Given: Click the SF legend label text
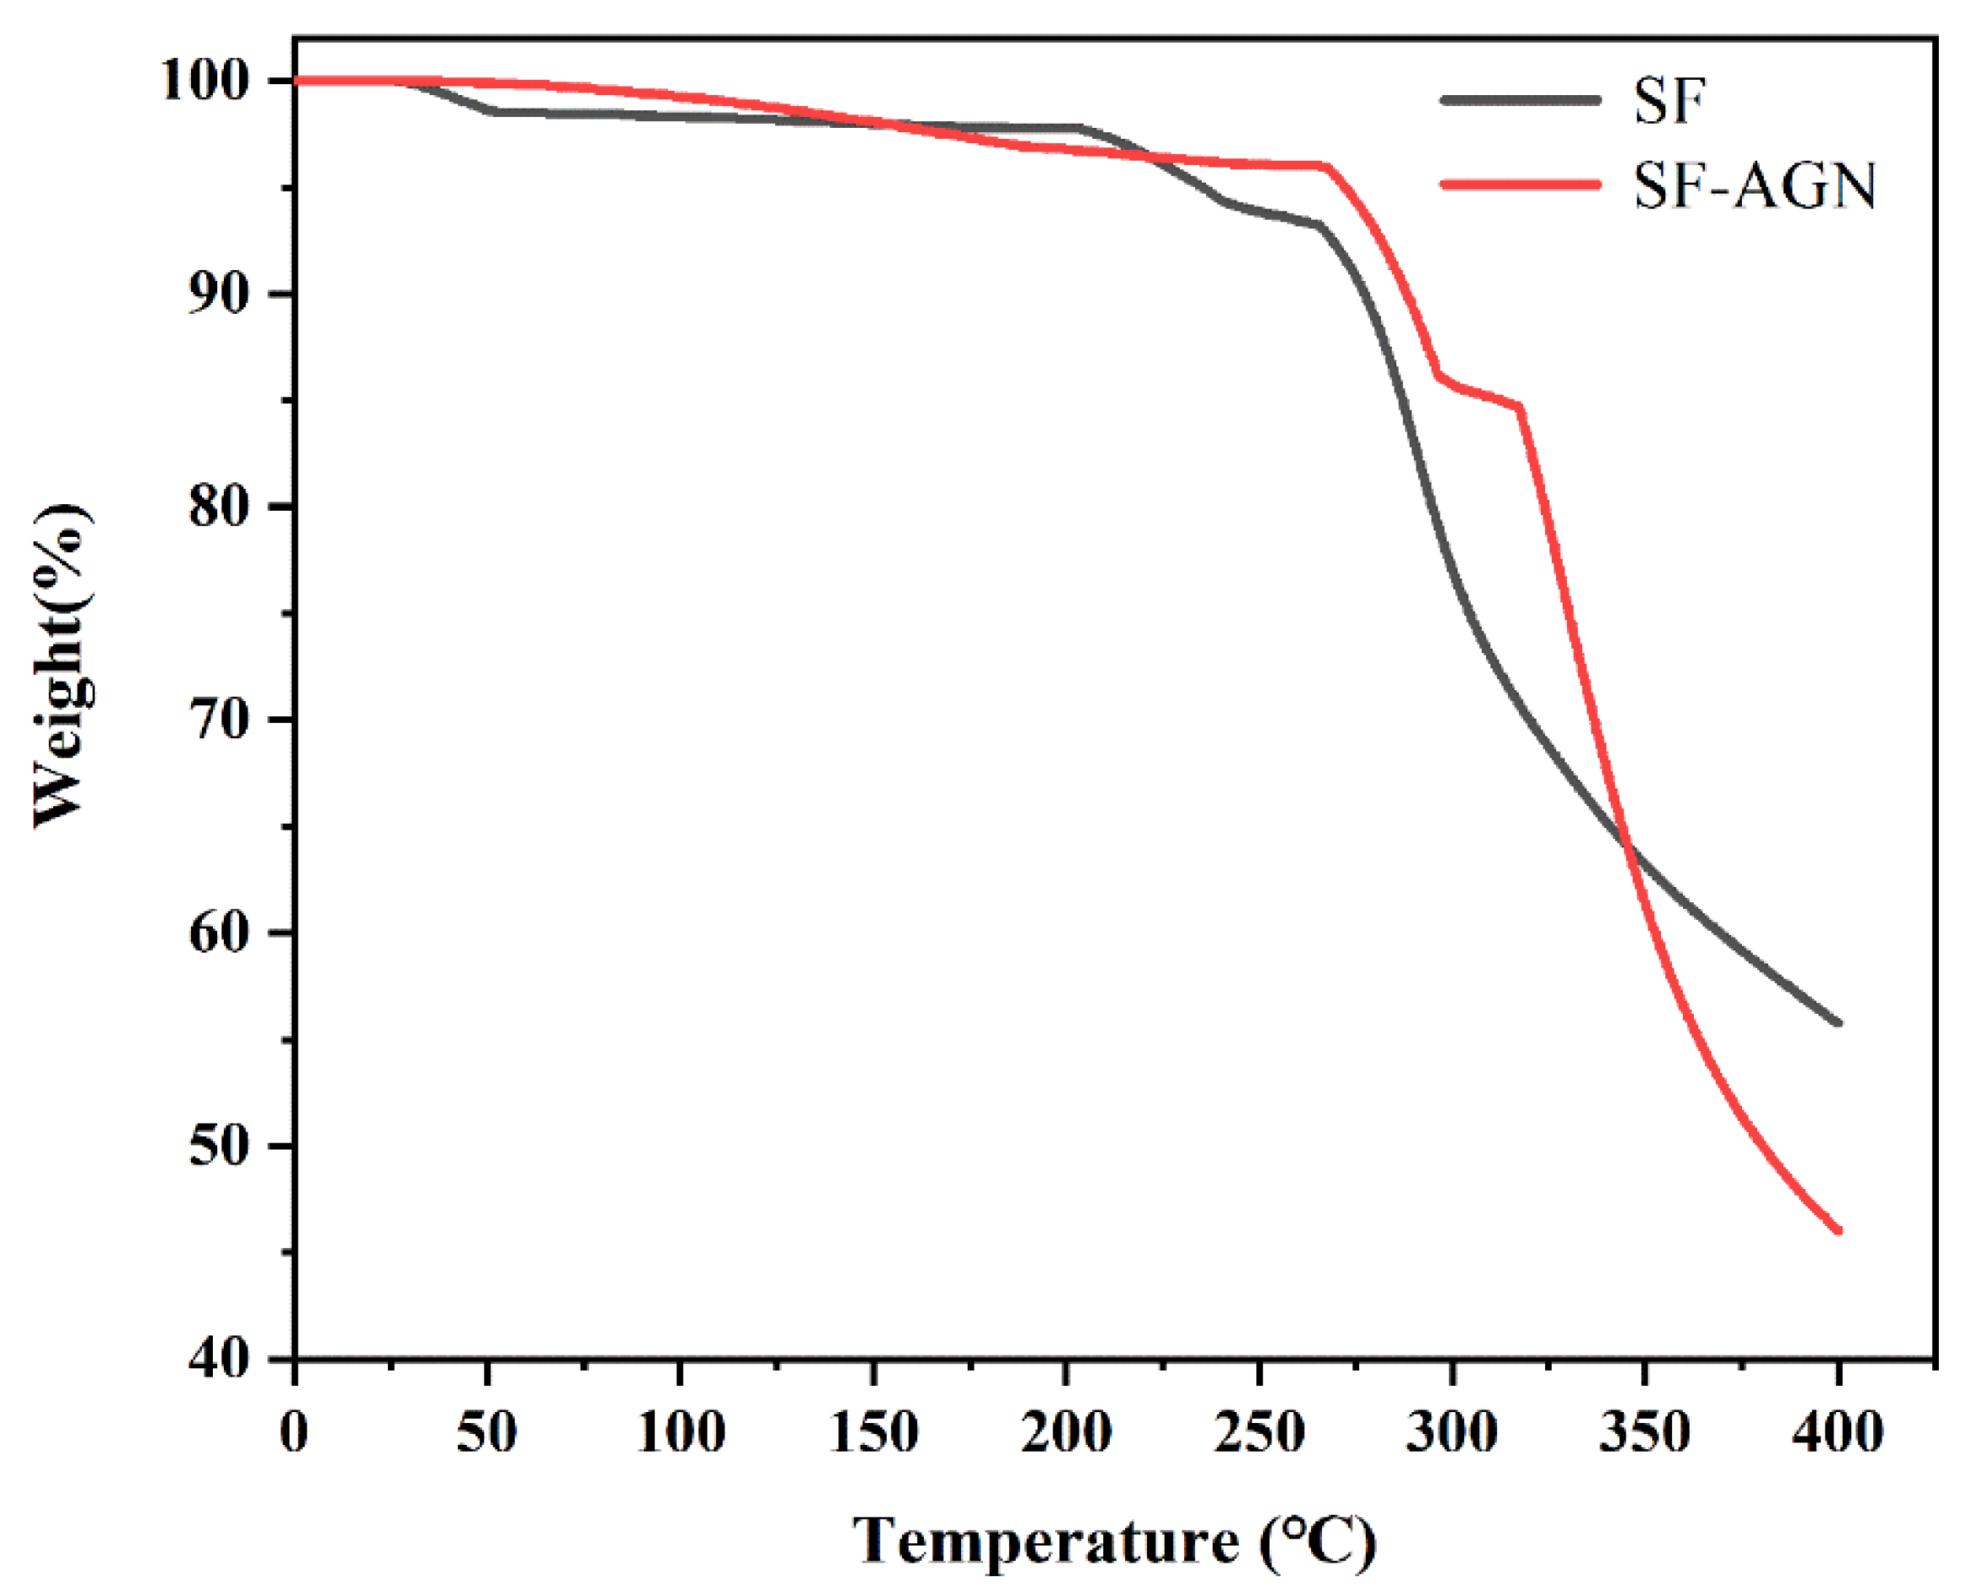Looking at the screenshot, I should (x=1669, y=101).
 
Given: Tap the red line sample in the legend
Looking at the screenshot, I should (x=1521, y=184).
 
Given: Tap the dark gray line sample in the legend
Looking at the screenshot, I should (x=1521, y=99).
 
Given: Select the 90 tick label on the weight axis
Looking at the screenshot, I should (x=220, y=295).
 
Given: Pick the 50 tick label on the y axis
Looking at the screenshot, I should (x=220, y=1146).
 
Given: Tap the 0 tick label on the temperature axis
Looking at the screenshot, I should (x=295, y=1432).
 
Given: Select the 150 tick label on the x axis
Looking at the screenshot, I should (x=873, y=1432).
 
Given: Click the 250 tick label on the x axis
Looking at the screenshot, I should (x=1259, y=1432).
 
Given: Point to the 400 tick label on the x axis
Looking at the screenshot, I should (x=1838, y=1432).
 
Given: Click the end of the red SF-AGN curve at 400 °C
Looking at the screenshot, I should (x=1838, y=1230).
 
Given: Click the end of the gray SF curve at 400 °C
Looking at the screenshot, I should (x=1838, y=1022).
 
